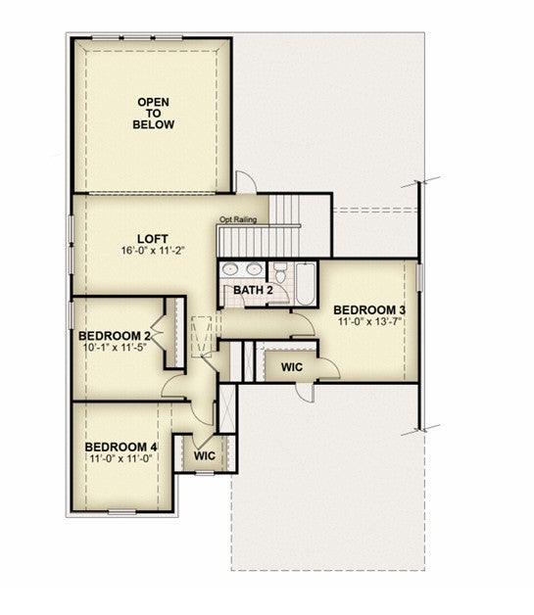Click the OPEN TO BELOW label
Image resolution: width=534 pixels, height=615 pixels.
154,114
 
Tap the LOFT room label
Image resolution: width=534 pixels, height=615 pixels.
153,239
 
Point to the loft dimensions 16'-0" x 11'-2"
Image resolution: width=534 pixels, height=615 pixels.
153,251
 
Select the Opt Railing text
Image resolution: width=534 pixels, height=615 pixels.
238,219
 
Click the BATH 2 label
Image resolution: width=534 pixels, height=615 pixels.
253,290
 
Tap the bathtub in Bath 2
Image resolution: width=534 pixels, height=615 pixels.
306,284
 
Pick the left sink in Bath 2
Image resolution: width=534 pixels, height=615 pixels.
229,269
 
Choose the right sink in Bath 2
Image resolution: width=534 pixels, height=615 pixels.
254,269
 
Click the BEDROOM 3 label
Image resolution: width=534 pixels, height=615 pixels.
369,309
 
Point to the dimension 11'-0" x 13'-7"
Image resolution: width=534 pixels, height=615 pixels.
370,321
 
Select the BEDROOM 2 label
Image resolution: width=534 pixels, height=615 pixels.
115,336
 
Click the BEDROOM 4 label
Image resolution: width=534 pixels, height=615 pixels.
121,447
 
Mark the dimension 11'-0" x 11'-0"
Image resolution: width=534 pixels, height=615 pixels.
121,458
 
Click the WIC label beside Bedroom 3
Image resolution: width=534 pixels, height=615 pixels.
292,367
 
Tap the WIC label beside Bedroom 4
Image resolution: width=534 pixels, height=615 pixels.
205,455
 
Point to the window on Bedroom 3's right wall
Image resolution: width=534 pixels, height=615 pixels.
419,277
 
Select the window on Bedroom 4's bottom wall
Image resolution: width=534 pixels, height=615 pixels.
122,512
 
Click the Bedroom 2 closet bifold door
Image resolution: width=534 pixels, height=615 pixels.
158,333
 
